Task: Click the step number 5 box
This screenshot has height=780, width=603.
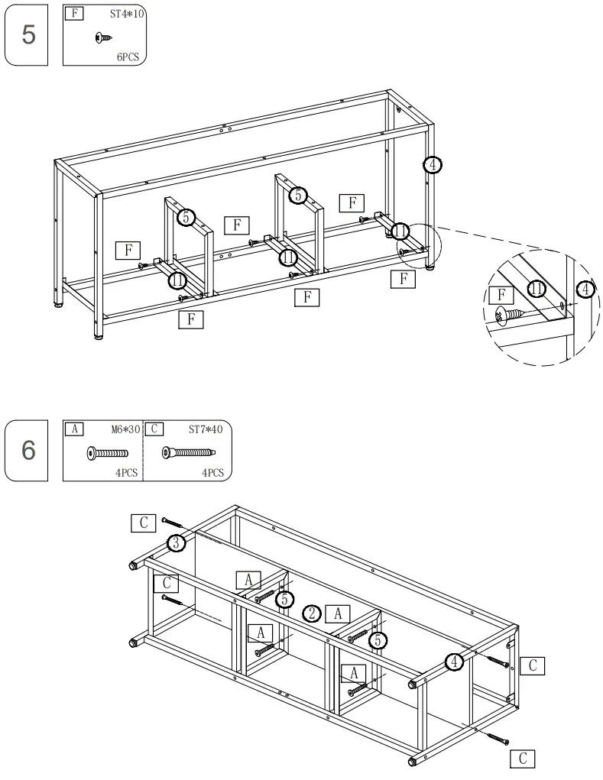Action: pyautogui.click(x=28, y=34)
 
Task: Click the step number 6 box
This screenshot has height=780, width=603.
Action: pyautogui.click(x=28, y=450)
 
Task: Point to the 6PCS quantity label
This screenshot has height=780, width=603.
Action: pyautogui.click(x=128, y=57)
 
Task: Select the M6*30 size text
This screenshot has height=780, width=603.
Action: pyautogui.click(x=125, y=429)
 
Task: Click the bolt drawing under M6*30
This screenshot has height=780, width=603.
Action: pyautogui.click(x=107, y=453)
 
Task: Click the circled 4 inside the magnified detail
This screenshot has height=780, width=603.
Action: pyautogui.click(x=584, y=289)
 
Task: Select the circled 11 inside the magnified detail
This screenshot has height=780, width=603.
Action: pyautogui.click(x=536, y=289)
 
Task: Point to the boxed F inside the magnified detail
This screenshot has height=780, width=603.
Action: pyautogui.click(x=501, y=293)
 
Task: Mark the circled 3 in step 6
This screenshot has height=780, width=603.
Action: pyautogui.click(x=177, y=543)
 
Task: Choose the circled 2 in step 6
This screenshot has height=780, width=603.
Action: pyautogui.click(x=311, y=613)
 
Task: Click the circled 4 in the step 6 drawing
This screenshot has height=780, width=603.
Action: pyautogui.click(x=454, y=662)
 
